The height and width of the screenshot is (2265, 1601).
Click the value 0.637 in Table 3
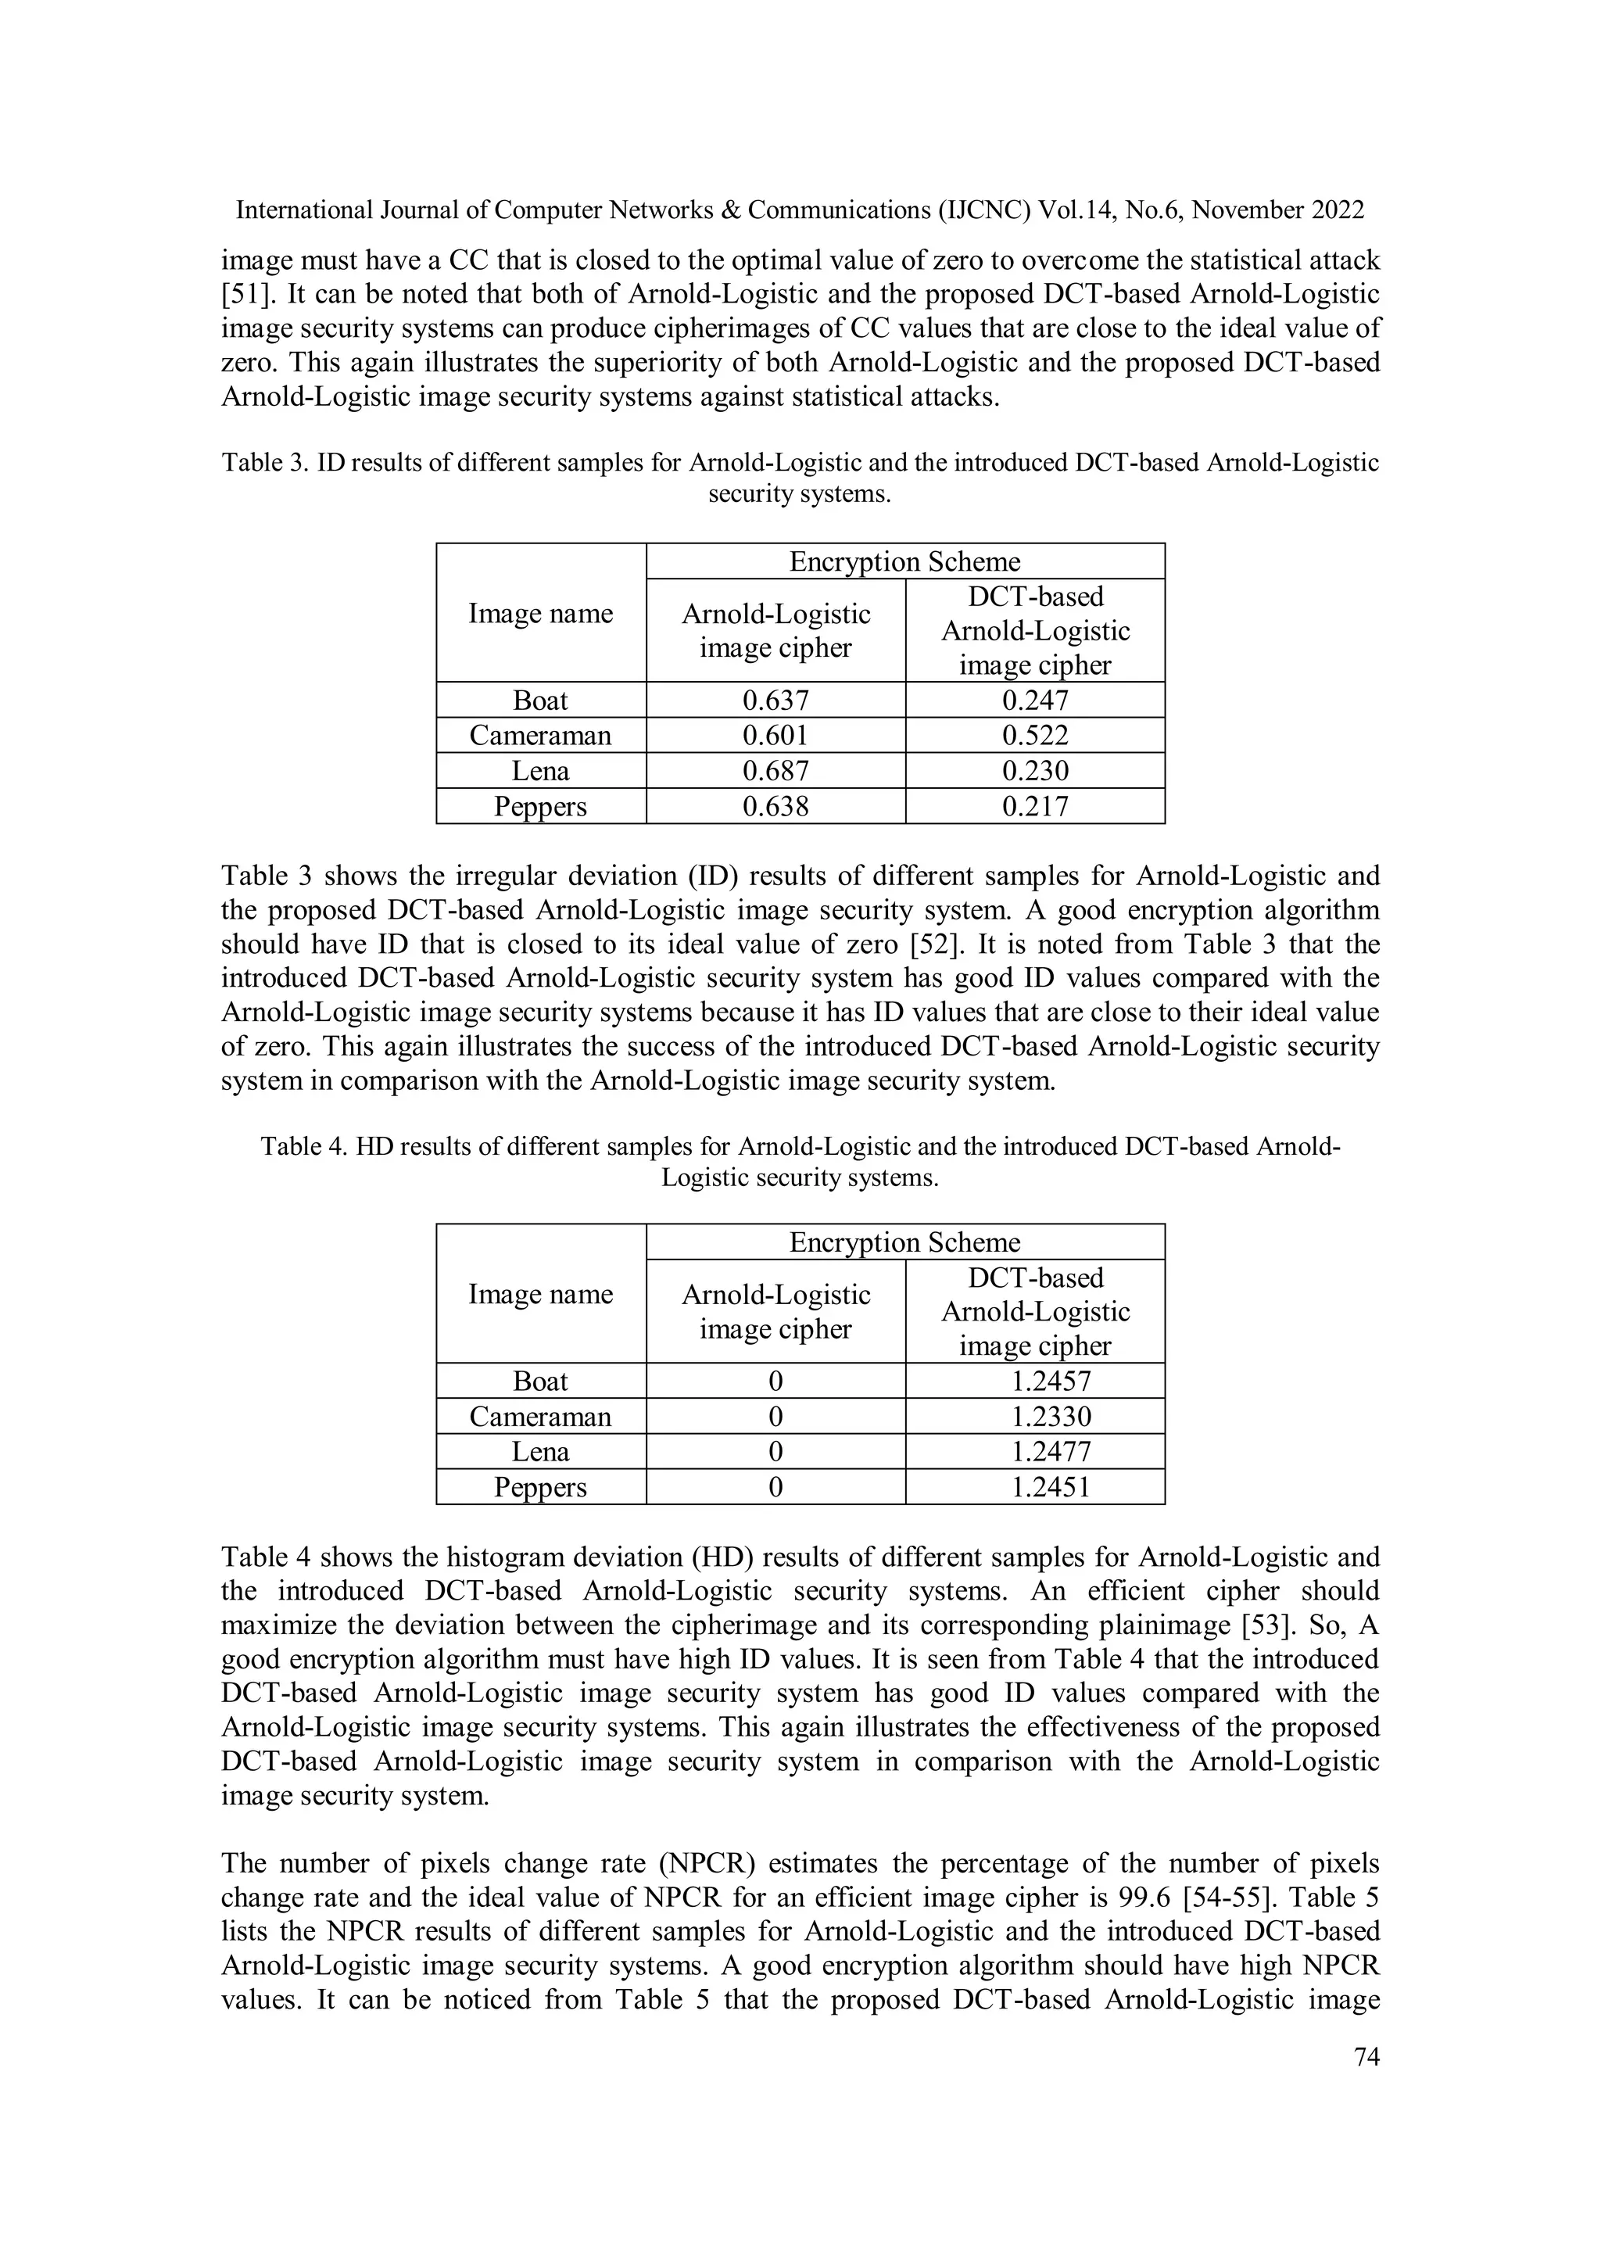pyautogui.click(x=775, y=701)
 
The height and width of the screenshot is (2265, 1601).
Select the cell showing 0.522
pyautogui.click(x=1035, y=736)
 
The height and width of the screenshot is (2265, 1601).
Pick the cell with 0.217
pyautogui.click(x=1035, y=807)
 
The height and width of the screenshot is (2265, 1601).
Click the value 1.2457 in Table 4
pyautogui.click(x=1051, y=1381)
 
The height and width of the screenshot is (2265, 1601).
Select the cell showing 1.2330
pyautogui.click(x=1051, y=1417)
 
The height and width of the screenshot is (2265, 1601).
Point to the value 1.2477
pyautogui.click(x=1051, y=1452)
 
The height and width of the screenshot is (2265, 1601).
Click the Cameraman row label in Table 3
pyautogui.click(x=540, y=736)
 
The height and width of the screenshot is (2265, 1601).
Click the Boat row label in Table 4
pyautogui.click(x=540, y=1381)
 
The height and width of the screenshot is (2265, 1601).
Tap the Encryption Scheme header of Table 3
pyautogui.click(x=904, y=561)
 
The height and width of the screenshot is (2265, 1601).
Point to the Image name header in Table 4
pyautogui.click(x=540, y=1293)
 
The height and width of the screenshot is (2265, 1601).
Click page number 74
pyautogui.click(x=1366, y=2057)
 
